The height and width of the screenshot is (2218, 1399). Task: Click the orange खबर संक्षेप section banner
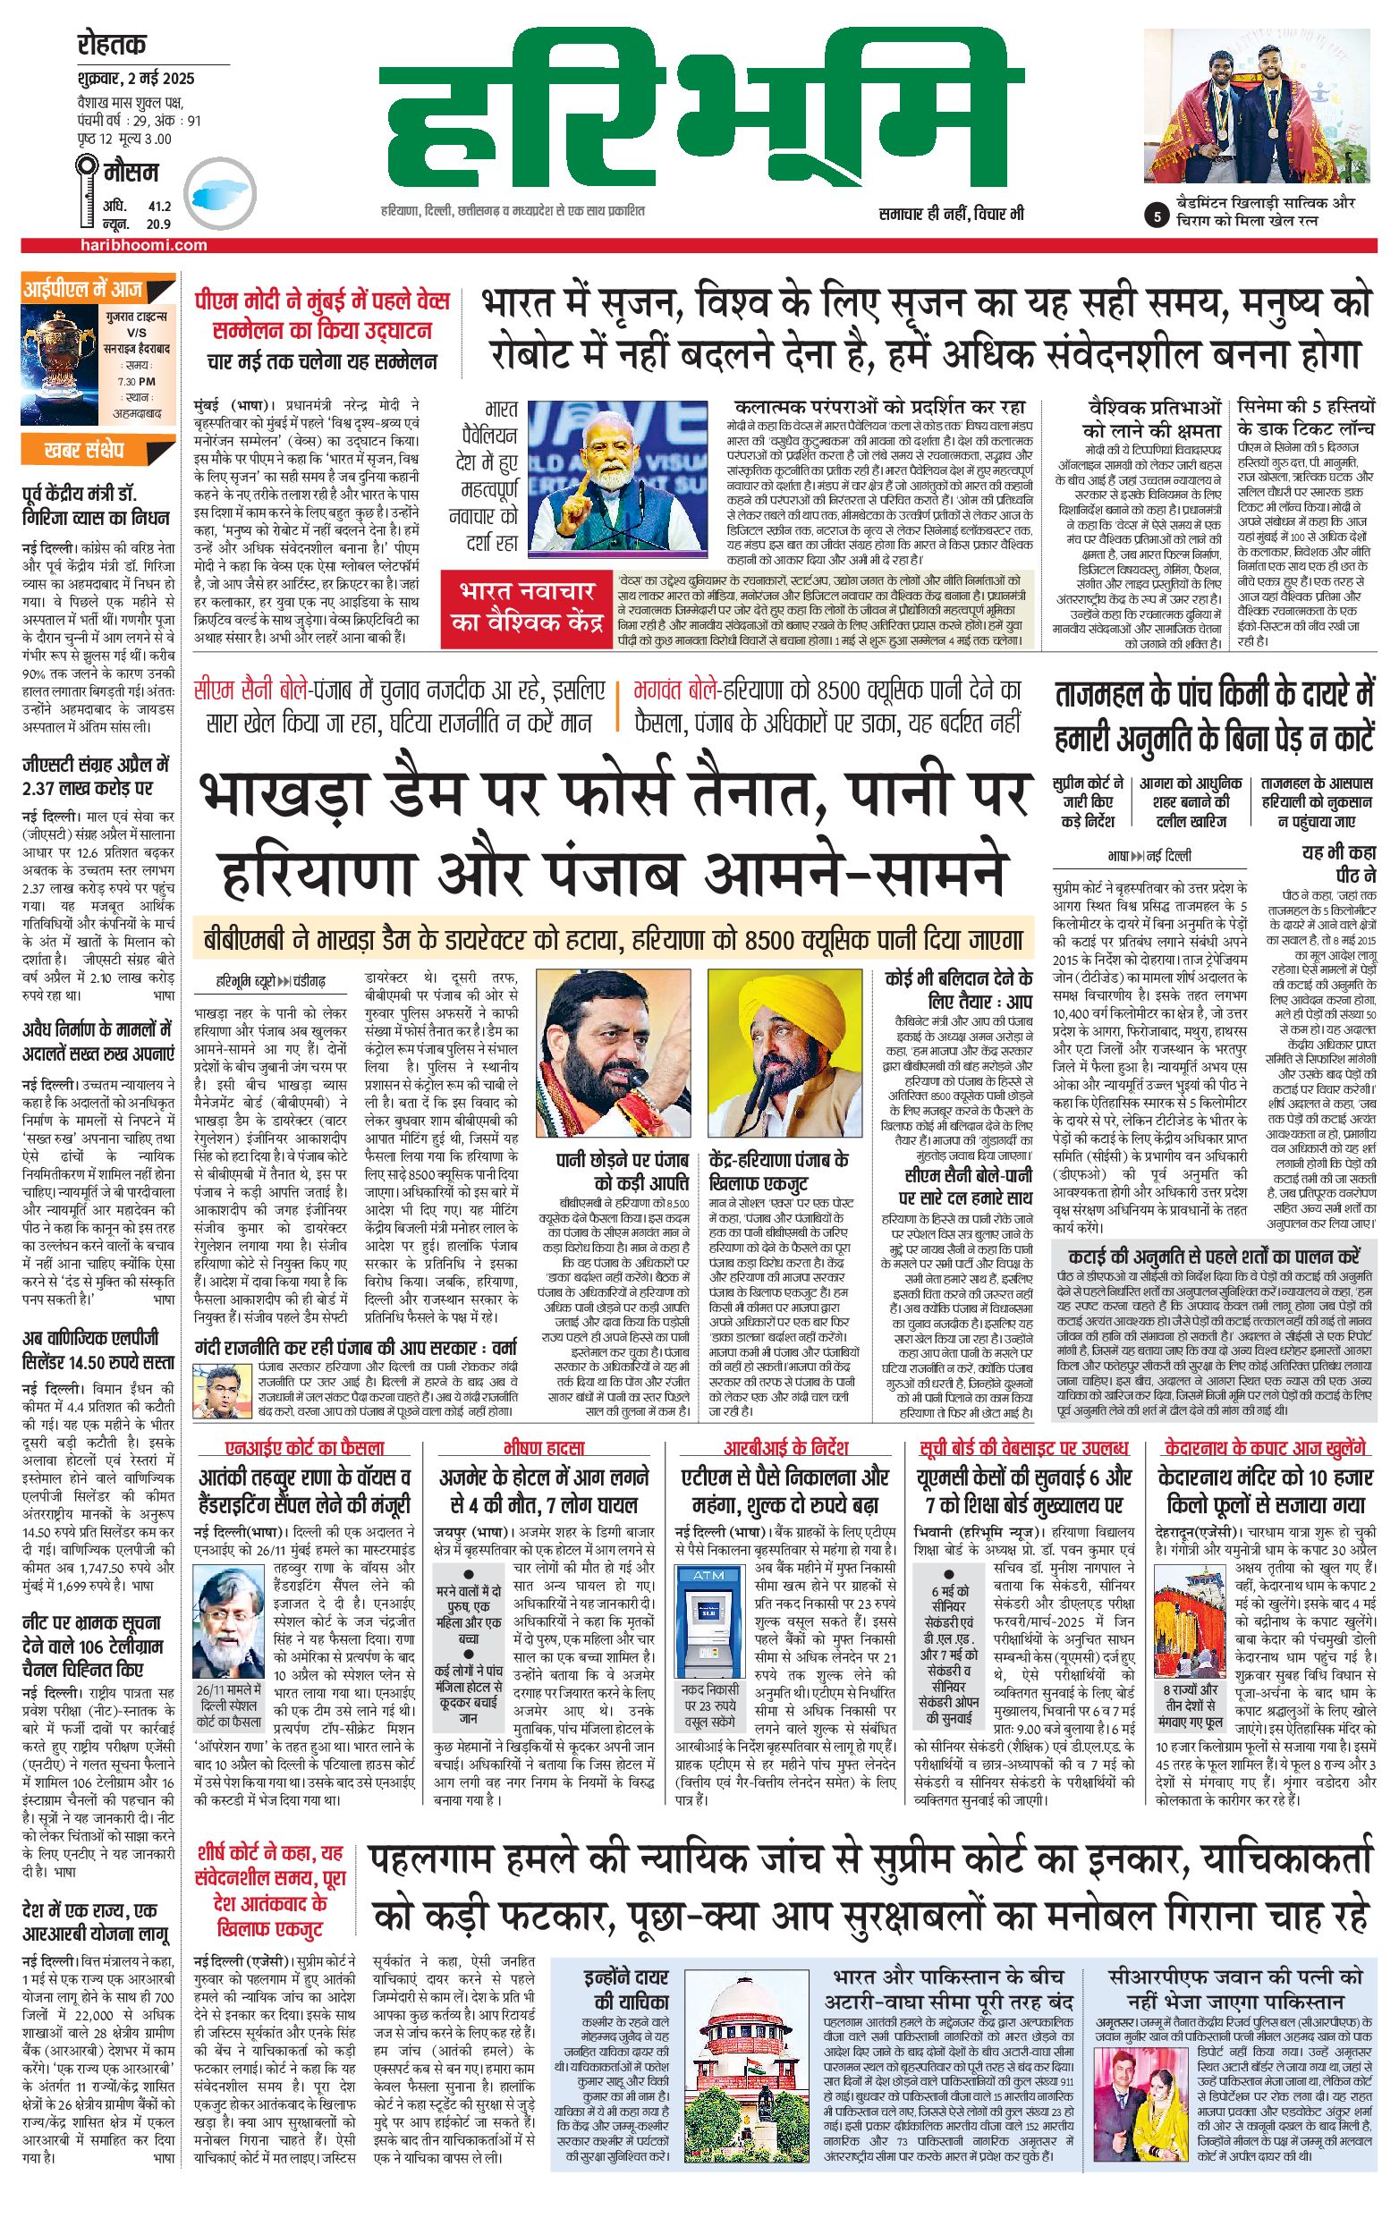point(83,451)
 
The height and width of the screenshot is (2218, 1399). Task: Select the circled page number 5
point(1155,217)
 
